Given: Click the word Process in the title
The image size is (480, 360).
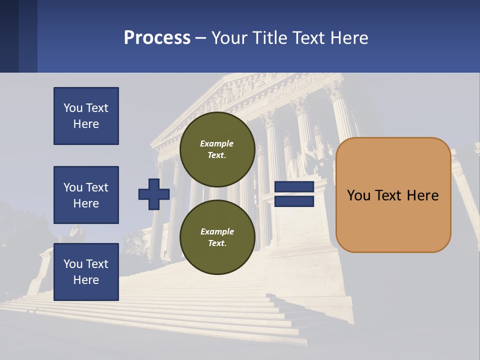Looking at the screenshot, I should (x=157, y=38).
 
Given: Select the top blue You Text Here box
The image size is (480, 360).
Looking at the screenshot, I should (x=86, y=116).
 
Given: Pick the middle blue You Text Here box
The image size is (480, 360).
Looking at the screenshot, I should (x=86, y=195).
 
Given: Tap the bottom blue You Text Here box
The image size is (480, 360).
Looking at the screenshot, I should (x=86, y=272).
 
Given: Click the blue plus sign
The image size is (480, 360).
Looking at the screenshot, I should (x=154, y=194).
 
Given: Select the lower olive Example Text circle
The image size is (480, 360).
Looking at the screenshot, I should (x=217, y=237).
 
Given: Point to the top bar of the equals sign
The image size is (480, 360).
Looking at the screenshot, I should (x=294, y=187).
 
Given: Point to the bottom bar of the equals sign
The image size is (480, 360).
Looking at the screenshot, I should (x=294, y=201).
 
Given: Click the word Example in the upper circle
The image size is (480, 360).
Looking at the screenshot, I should (x=217, y=143).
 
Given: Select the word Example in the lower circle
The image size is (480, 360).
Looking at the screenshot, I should (x=217, y=231).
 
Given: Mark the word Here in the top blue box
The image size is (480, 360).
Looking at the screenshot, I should (x=86, y=124).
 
